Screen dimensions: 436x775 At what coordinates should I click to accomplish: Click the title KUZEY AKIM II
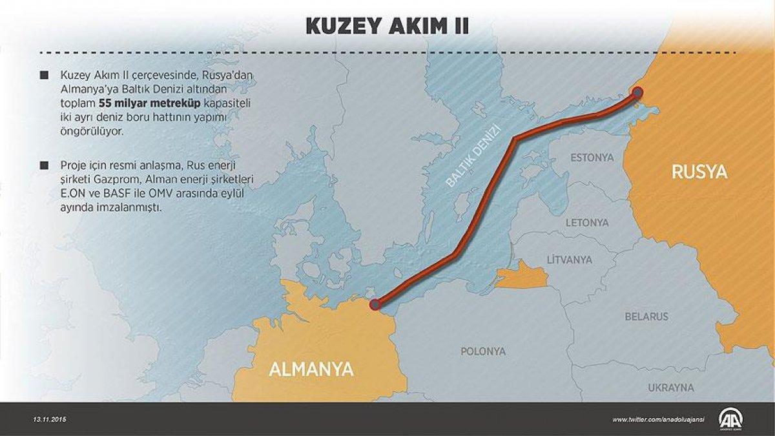(387, 26)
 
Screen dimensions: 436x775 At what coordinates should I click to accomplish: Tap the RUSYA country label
(699, 172)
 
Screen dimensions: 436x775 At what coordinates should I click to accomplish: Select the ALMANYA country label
(311, 369)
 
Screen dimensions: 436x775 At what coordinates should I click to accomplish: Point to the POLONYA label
(482, 352)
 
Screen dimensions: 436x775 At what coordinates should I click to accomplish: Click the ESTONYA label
(591, 158)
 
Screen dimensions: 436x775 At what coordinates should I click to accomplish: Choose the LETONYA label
(587, 223)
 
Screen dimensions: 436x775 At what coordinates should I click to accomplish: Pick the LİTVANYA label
(569, 260)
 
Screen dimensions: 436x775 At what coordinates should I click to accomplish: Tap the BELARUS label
(646, 317)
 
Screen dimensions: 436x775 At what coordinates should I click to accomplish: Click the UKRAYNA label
(671, 388)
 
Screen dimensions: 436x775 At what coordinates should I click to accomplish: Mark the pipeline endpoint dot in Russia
(637, 92)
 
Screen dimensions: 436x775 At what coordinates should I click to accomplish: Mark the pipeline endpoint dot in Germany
(375, 304)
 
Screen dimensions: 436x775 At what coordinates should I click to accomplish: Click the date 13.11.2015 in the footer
(50, 419)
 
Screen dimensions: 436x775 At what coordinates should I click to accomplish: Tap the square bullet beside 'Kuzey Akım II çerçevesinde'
(44, 76)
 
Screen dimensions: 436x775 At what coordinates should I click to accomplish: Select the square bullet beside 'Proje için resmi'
(44, 165)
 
